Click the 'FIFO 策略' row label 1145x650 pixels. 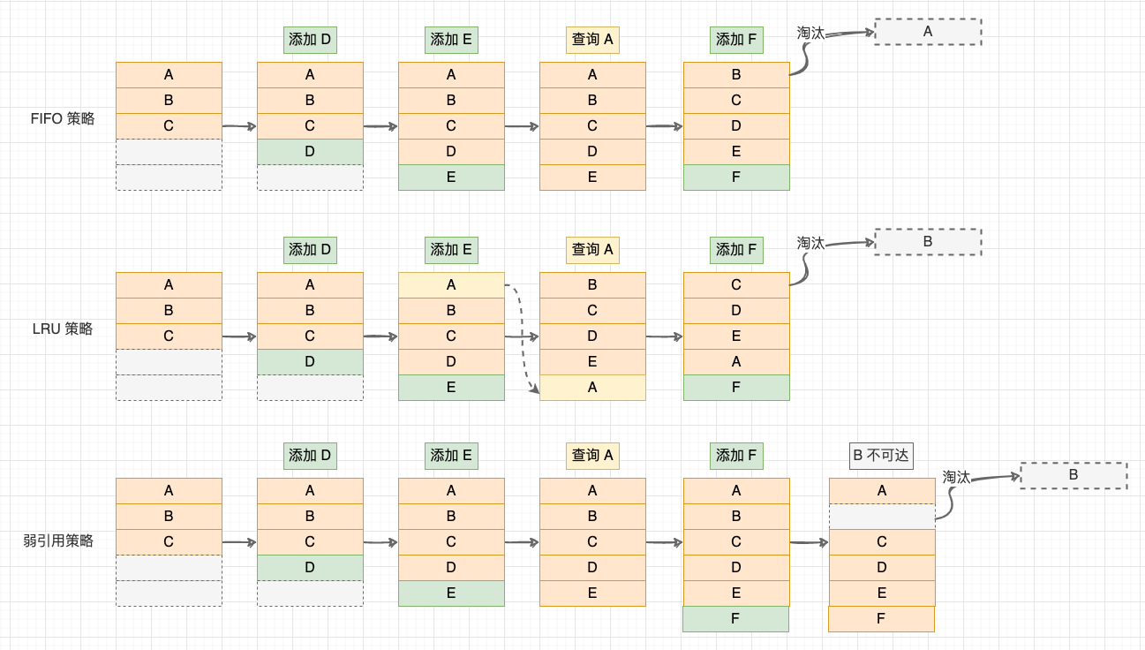click(62, 118)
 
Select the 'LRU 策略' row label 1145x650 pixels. click(62, 329)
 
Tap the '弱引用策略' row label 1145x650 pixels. click(58, 540)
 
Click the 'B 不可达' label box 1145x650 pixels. click(880, 456)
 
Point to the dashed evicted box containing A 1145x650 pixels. click(928, 32)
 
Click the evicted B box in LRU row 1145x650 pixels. click(928, 242)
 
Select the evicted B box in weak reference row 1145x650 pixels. click(1073, 475)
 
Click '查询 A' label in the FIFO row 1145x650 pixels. click(592, 40)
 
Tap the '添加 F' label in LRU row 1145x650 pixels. click(736, 250)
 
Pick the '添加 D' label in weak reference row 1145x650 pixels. click(310, 456)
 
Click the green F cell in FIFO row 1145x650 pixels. click(736, 177)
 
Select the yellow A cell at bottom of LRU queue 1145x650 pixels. click(592, 388)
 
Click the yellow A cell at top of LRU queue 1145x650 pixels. click(451, 284)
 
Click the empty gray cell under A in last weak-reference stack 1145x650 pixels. click(882, 516)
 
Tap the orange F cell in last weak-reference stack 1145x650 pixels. click(881, 619)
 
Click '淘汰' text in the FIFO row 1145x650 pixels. click(810, 33)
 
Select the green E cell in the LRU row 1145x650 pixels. click(451, 388)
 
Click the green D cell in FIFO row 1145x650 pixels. click(310, 152)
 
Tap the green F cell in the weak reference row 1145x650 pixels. click(735, 619)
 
